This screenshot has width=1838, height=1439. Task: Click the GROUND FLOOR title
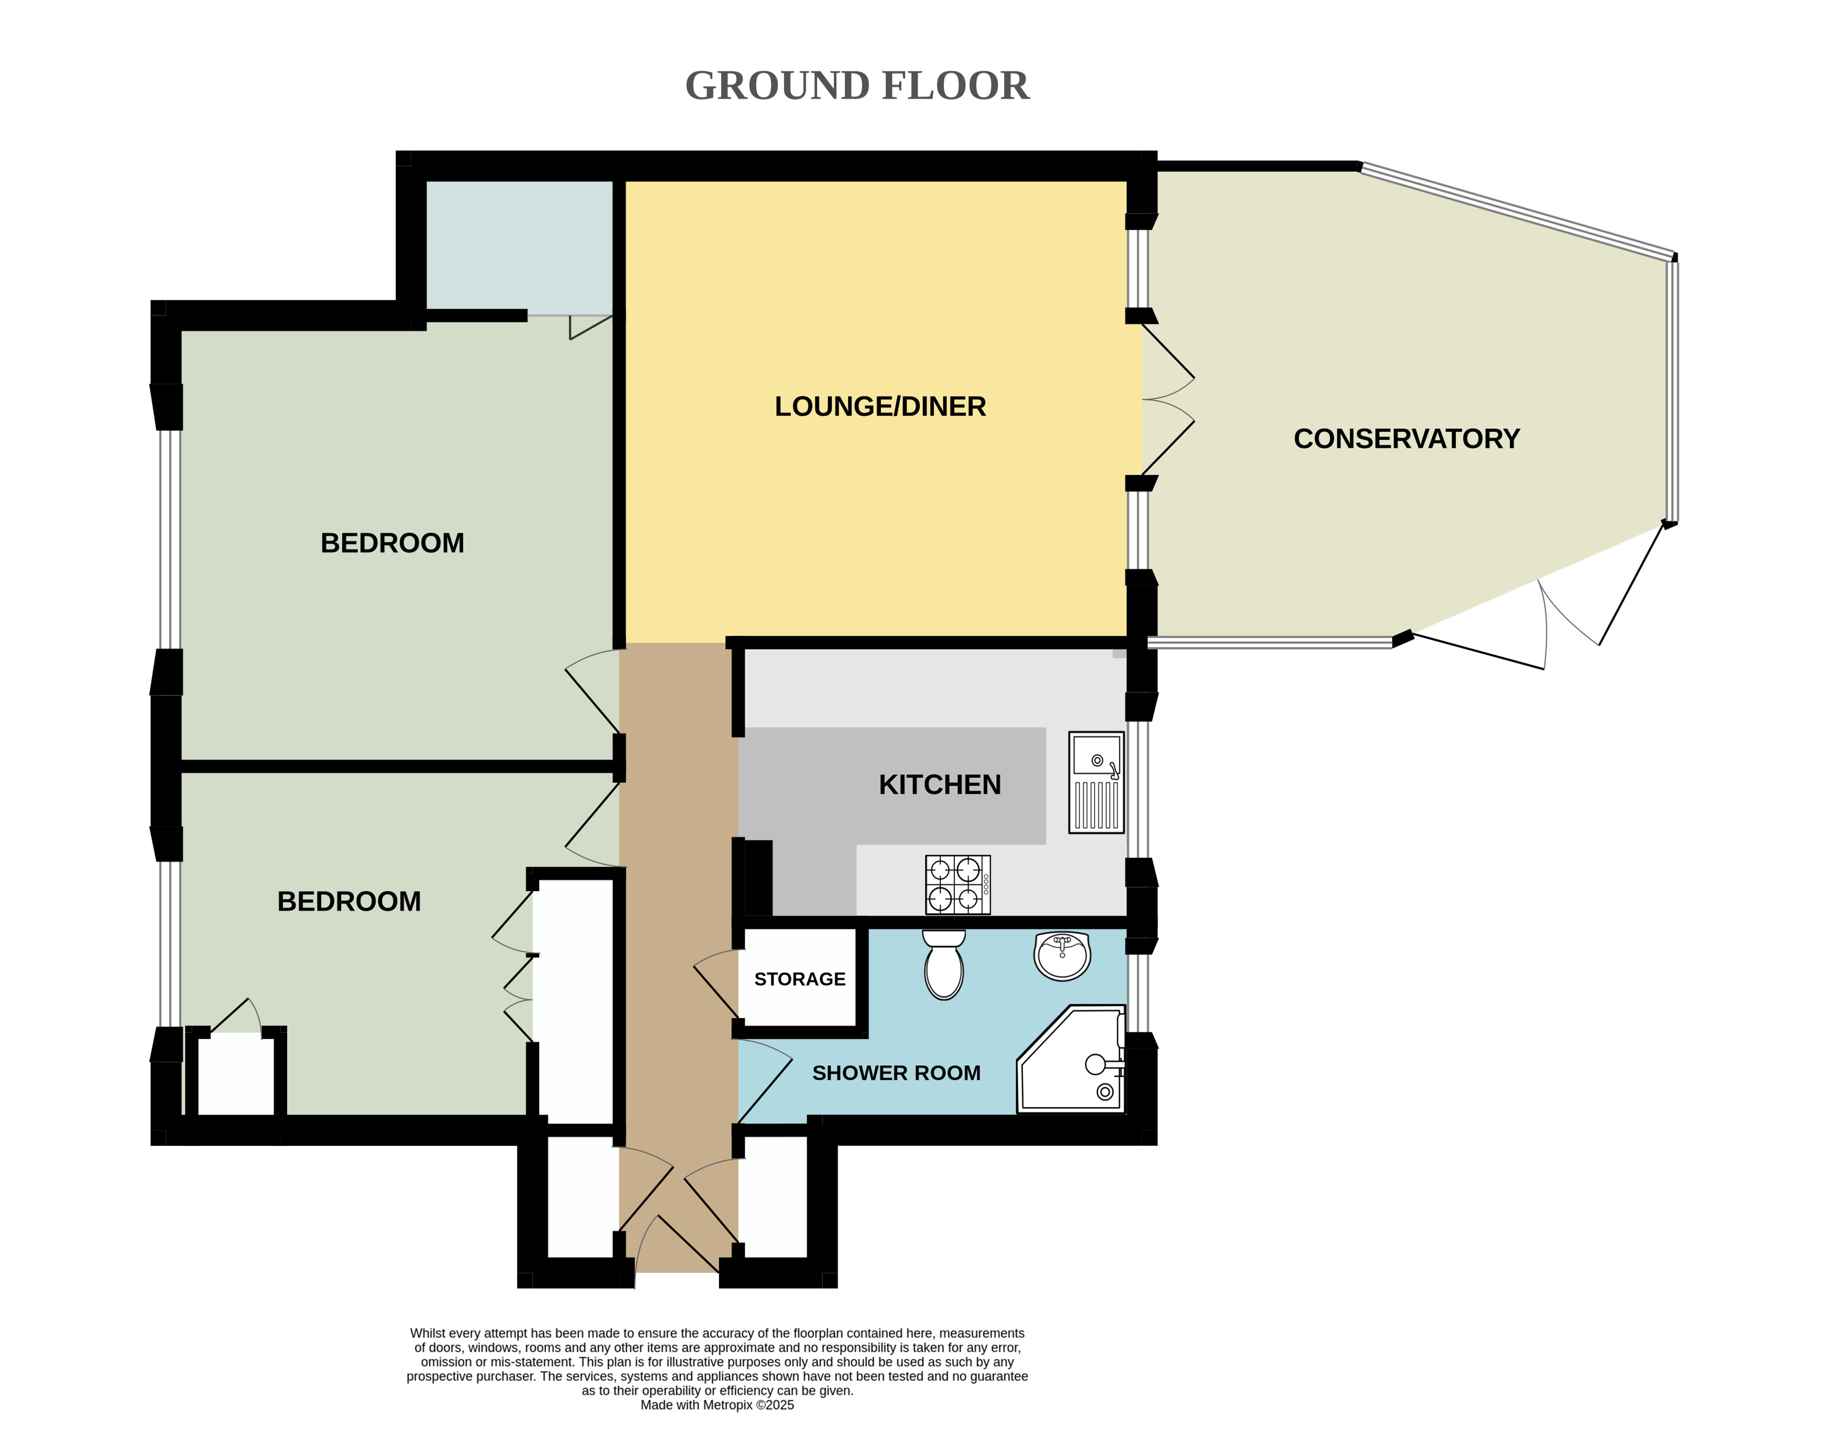(857, 86)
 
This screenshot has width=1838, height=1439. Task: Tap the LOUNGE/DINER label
(880, 407)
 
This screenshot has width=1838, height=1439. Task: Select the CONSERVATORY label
(1407, 439)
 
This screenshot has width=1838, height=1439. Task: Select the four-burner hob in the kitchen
(958, 885)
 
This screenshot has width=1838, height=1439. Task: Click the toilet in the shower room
(944, 965)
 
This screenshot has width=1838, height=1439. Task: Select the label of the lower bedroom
(349, 902)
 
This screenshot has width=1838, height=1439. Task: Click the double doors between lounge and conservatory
(1168, 400)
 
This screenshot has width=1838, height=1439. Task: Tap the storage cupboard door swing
(716, 985)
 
